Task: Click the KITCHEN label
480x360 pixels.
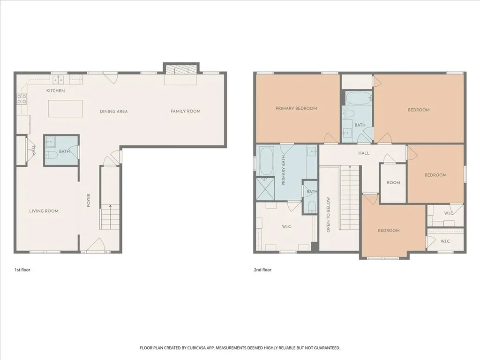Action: tap(55, 90)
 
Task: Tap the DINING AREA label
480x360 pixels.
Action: tap(113, 112)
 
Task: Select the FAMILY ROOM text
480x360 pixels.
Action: tap(186, 111)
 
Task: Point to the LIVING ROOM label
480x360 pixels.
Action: tap(44, 211)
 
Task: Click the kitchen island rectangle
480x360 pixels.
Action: tap(66, 108)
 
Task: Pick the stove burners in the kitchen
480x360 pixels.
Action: tap(22, 98)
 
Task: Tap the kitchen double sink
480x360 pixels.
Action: tap(58, 80)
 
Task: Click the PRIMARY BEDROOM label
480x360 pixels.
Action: tap(296, 108)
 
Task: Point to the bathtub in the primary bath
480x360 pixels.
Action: tap(266, 161)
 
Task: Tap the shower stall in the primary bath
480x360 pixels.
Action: tap(265, 188)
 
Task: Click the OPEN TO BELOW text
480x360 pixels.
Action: tap(328, 214)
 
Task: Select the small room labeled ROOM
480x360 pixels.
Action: tap(393, 183)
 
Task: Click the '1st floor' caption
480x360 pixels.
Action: tap(22, 270)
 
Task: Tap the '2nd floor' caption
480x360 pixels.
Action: tap(262, 270)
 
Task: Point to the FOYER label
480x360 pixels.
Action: tap(89, 200)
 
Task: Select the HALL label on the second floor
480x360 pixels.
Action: tap(364, 153)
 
